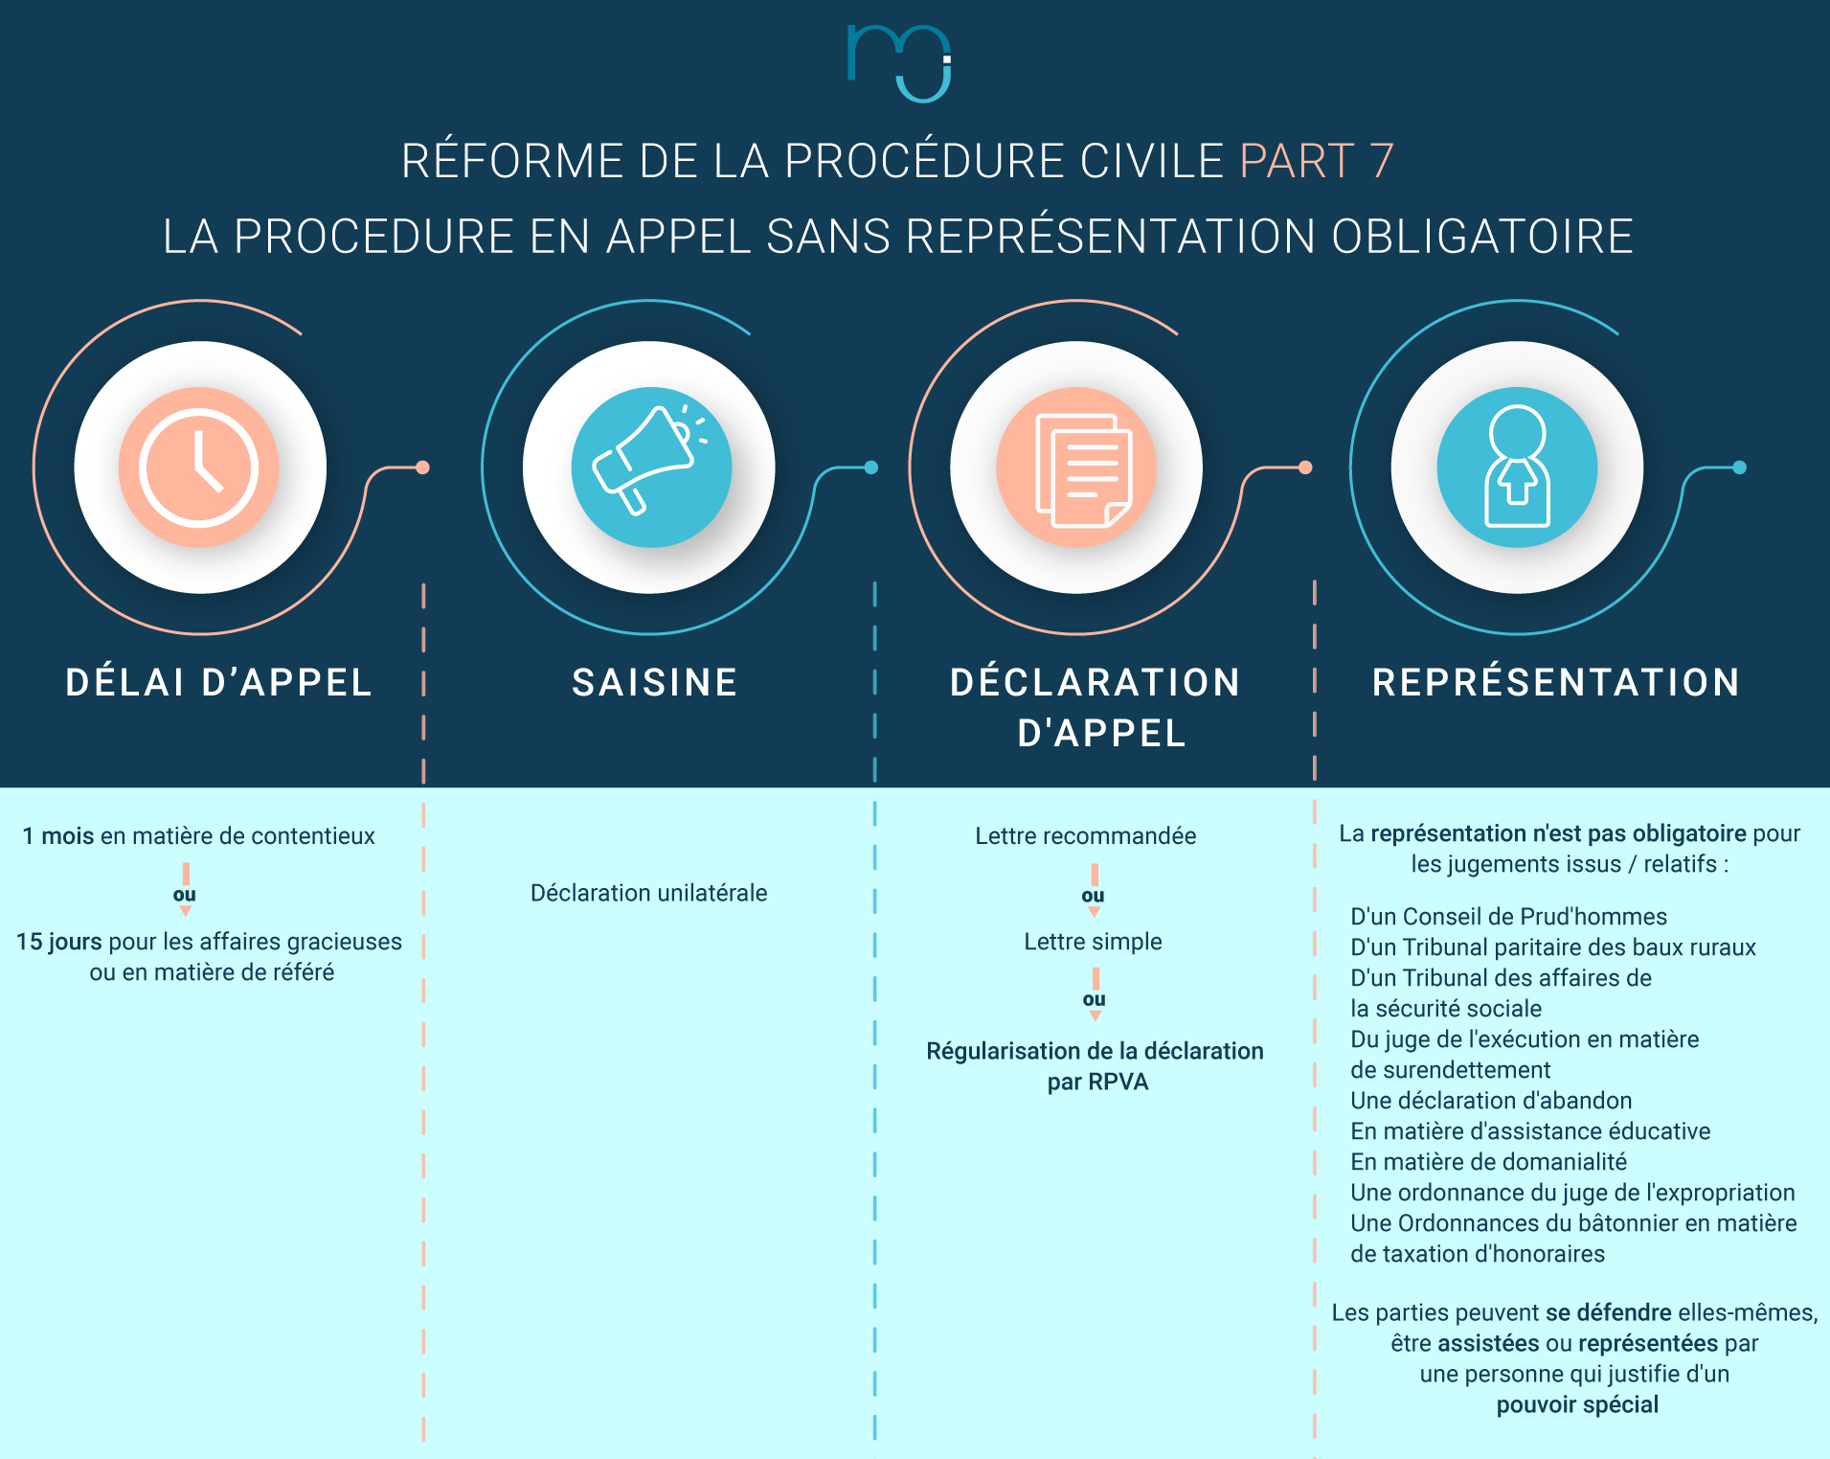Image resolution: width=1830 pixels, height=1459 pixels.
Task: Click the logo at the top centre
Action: click(898, 62)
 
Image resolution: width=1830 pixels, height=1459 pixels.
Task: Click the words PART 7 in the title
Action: click(1316, 161)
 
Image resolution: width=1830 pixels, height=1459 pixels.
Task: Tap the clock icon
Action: click(199, 467)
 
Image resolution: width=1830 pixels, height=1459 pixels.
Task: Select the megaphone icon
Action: click(651, 467)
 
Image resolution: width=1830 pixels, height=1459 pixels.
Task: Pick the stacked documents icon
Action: click(1076, 467)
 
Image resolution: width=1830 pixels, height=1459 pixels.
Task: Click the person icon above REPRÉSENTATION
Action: click(1517, 467)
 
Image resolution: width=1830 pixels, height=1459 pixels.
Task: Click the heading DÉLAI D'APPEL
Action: click(218, 683)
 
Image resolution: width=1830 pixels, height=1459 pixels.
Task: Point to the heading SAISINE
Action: click(655, 683)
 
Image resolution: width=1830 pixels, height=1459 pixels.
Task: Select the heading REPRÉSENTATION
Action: click(1556, 683)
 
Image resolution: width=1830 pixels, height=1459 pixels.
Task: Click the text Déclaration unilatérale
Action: click(648, 893)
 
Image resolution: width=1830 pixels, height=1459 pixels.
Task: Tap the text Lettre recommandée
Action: click(1085, 836)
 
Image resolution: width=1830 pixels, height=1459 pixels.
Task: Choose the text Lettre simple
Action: click(1093, 942)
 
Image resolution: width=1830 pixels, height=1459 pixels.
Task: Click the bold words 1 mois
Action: click(58, 836)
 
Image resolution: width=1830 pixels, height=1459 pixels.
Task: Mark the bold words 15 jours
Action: click(58, 942)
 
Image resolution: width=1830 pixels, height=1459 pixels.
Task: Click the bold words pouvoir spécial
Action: click(1577, 1405)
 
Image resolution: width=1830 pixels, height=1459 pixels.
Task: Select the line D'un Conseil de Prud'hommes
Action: click(1508, 917)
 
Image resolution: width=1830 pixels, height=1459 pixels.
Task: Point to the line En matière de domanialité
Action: click(1488, 1162)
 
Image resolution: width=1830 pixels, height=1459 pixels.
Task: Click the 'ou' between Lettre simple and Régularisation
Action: click(1094, 999)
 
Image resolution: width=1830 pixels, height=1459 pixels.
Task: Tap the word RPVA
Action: click(1118, 1083)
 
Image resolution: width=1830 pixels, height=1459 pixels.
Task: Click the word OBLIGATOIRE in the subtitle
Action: click(1481, 237)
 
